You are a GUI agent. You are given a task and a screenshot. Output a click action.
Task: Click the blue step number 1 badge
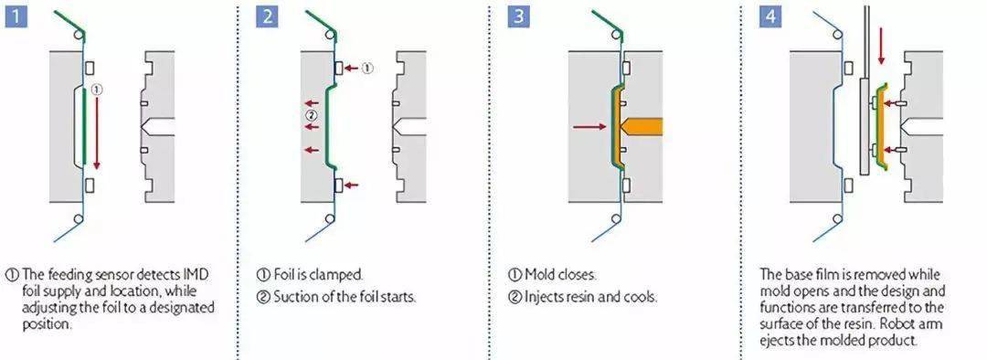(x=16, y=16)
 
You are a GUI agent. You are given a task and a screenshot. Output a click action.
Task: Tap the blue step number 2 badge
(x=268, y=16)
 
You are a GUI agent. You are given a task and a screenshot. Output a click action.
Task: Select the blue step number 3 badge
(x=519, y=16)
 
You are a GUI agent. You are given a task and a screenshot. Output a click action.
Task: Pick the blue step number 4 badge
(x=769, y=16)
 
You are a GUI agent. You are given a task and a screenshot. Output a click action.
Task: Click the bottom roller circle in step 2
(x=330, y=218)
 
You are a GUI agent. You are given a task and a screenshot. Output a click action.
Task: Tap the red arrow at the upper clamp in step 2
(x=351, y=68)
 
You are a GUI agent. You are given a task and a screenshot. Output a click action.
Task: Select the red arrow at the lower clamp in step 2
(x=351, y=185)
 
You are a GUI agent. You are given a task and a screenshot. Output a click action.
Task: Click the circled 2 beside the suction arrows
(x=311, y=114)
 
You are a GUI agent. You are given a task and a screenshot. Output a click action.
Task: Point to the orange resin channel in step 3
(x=640, y=126)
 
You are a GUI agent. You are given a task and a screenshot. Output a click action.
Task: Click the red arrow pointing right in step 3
(x=589, y=126)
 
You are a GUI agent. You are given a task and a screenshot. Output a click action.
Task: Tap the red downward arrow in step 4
(x=881, y=45)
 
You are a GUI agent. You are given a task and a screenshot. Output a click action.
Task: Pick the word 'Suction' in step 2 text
(x=292, y=297)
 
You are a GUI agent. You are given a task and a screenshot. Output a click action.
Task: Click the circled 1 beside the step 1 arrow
(x=96, y=90)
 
